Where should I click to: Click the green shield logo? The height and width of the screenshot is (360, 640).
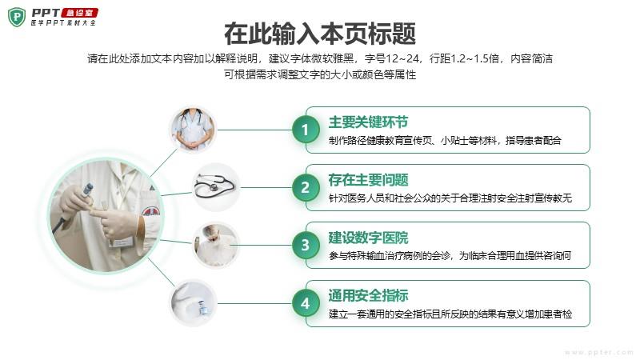click(x=17, y=17)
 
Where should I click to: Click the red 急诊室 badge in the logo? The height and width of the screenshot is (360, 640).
click(x=79, y=13)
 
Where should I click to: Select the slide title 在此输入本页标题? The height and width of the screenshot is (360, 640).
click(x=320, y=34)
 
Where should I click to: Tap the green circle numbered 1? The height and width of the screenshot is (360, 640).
click(x=306, y=130)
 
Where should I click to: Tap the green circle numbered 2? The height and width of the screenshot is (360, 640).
click(x=306, y=188)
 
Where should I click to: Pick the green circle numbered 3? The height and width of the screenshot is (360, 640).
click(x=306, y=246)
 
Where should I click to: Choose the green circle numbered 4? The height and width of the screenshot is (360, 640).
click(x=306, y=304)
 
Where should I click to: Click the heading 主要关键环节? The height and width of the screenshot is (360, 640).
click(x=368, y=122)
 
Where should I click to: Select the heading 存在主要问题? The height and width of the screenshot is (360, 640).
click(x=368, y=179)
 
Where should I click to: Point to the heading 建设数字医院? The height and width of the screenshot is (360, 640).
click(x=368, y=238)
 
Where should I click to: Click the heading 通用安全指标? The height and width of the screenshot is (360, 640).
click(x=368, y=295)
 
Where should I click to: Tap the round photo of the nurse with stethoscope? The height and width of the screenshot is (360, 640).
click(x=193, y=130)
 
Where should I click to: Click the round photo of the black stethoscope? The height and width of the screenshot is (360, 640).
click(x=216, y=187)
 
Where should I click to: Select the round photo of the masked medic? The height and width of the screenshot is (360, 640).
click(x=216, y=246)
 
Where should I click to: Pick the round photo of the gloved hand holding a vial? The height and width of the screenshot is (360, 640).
click(x=193, y=303)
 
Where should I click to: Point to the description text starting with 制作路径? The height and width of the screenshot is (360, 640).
click(x=445, y=141)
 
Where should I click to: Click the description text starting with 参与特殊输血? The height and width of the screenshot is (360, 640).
click(x=450, y=256)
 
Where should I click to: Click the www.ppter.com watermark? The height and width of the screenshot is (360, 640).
click(x=598, y=352)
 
